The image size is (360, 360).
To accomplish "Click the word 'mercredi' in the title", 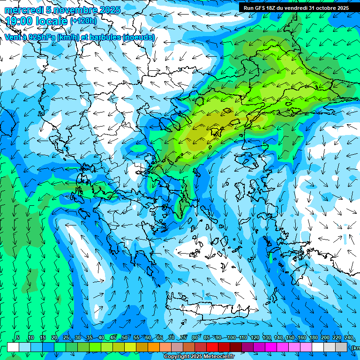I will click(22, 10).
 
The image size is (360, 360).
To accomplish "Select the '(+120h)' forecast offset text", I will click(83, 21).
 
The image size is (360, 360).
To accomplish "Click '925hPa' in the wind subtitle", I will click(40, 37).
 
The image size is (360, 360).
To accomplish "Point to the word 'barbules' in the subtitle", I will click(106, 37).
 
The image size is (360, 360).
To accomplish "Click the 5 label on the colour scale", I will click(18, 338).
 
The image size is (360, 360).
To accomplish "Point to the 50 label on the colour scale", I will click(124, 338).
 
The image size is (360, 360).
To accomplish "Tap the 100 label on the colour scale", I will click(231, 338).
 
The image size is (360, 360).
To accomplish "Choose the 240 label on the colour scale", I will click(348, 338).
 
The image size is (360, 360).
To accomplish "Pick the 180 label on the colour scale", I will click(313, 338).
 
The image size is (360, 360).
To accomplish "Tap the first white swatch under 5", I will click(13, 347).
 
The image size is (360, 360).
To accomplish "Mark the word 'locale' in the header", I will click(52, 21).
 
